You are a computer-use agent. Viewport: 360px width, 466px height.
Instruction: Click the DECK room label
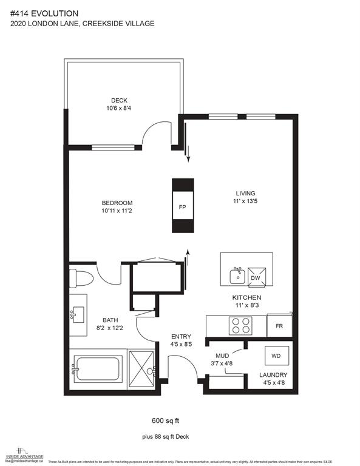tap(119, 101)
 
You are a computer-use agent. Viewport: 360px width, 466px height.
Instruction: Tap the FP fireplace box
tap(182, 206)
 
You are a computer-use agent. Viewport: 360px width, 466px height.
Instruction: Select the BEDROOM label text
tap(118, 203)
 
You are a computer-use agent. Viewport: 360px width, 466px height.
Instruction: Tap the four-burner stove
tap(239, 326)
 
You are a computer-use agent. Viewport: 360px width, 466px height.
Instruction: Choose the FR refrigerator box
tap(279, 326)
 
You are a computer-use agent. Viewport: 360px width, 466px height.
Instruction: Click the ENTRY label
tap(182, 337)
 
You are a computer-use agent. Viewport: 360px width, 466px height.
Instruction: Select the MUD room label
tap(222, 356)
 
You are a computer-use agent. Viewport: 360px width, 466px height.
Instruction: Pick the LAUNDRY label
tap(273, 376)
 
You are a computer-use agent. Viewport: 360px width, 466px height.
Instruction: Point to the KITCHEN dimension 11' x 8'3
tap(246, 306)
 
